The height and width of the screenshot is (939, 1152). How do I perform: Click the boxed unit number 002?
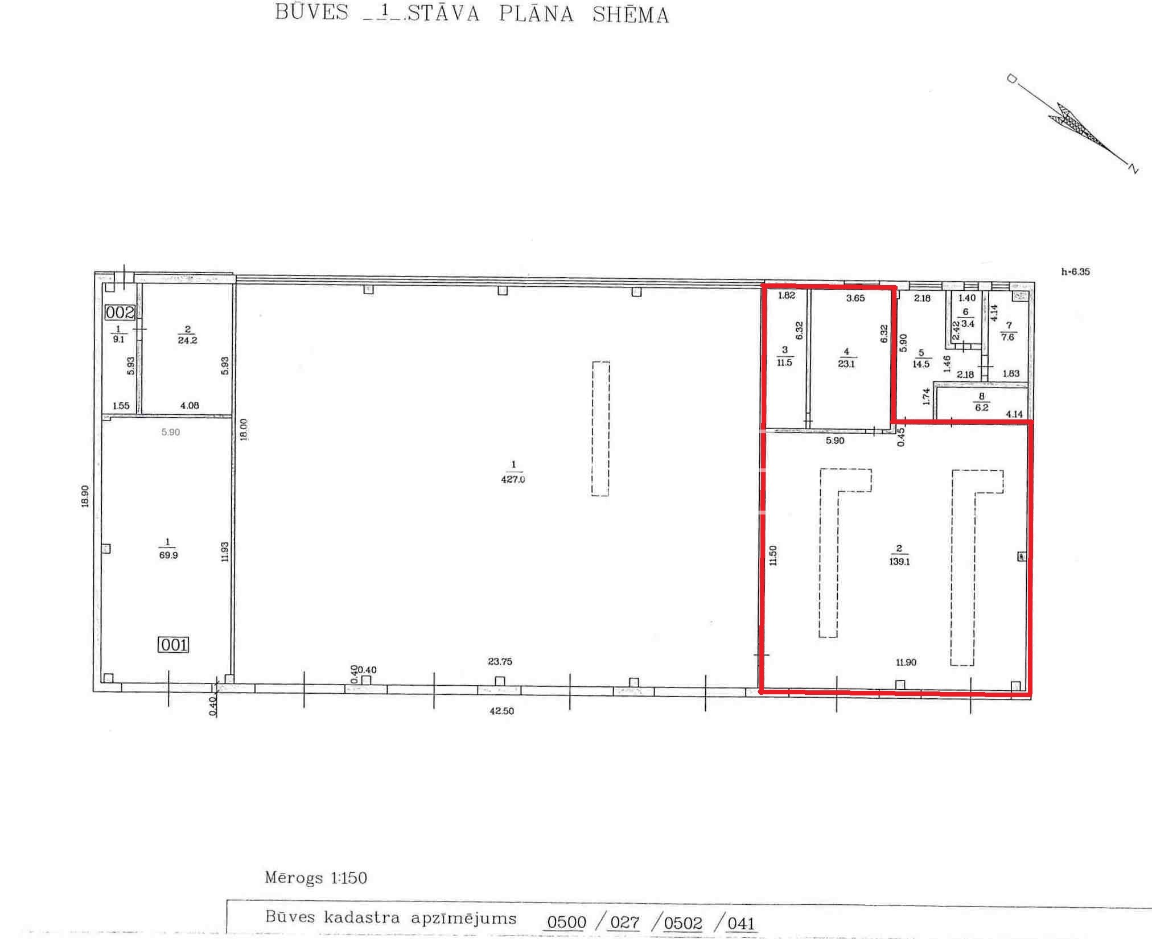pos(120,312)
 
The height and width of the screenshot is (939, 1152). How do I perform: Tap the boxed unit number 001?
pos(173,644)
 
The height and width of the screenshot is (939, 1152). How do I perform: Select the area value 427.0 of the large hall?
pos(513,479)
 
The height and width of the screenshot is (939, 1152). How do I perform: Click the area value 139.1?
pos(899,561)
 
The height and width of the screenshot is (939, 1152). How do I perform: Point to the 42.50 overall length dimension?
pos(501,711)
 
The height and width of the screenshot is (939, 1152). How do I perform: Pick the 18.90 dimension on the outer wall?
pos(85,496)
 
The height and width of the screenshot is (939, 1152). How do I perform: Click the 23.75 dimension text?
pos(500,661)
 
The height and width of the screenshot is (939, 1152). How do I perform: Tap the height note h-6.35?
pos(1075,271)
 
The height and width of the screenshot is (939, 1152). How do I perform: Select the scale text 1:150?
pos(349,878)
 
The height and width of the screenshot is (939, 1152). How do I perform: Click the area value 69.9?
pos(168,555)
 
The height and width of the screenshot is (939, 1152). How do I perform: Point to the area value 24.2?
pos(187,340)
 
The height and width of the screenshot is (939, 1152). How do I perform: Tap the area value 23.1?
pos(846,364)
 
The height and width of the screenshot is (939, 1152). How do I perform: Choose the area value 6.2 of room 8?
pos(982,407)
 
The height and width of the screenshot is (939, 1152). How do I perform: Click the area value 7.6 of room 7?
pos(1007,337)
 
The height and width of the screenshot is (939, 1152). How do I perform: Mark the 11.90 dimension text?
pos(906,662)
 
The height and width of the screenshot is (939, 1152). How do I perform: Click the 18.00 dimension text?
pos(244,430)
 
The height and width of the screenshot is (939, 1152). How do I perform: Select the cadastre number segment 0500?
pos(566,922)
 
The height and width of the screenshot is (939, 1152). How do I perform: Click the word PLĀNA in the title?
pos(536,14)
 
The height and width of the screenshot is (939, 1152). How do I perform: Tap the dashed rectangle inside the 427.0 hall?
pos(600,429)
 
